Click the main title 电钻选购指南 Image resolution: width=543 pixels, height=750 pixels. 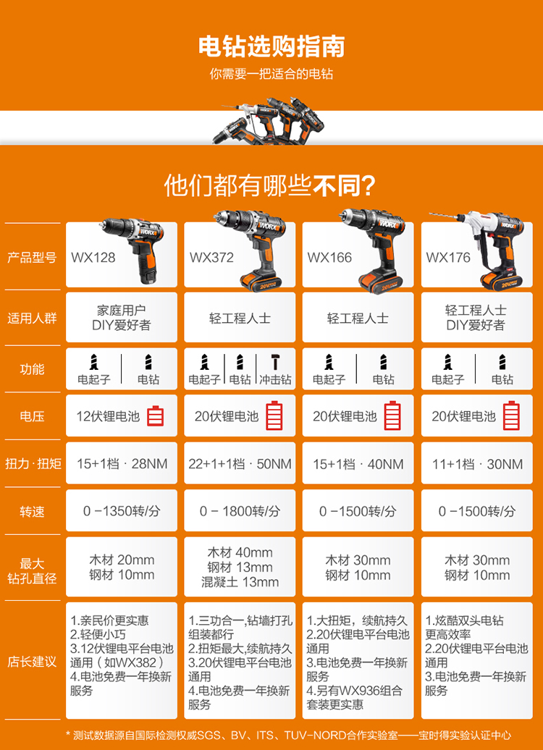[271, 47]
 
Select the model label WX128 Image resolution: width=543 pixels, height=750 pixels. [93, 257]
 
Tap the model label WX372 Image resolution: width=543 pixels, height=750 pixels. [211, 257]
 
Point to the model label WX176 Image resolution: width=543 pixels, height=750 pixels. [448, 257]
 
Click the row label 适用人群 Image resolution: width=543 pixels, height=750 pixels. [32, 318]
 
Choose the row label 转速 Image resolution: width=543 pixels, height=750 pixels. [32, 511]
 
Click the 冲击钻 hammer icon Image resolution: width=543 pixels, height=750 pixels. [275, 363]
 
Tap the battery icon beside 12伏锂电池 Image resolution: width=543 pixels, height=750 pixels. [156, 416]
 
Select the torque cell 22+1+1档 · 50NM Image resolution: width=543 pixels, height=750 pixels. [240, 464]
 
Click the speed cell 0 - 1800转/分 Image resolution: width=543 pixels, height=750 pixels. [240, 511]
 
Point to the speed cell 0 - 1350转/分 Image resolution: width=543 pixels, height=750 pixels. [122, 511]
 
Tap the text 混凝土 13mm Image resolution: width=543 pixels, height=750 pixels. [240, 582]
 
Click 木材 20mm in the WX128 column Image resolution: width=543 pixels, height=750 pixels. [122, 560]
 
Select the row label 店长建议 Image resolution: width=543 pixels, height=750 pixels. [32, 662]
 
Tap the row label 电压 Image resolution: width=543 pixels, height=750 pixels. [32, 416]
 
